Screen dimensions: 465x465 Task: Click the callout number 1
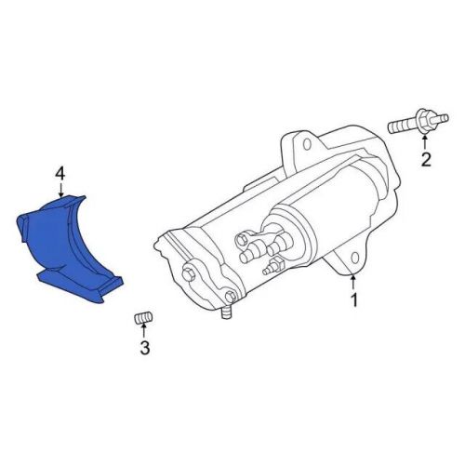coord(353,299)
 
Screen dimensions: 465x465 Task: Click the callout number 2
coord(425,161)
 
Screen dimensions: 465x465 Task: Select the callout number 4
coord(60,174)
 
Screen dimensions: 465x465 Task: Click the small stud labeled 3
coord(143,319)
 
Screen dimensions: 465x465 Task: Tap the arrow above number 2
coord(425,142)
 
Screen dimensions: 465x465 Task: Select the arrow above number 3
coord(144,333)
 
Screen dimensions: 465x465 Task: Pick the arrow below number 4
coord(60,190)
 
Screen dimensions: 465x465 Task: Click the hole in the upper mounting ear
coord(299,143)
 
